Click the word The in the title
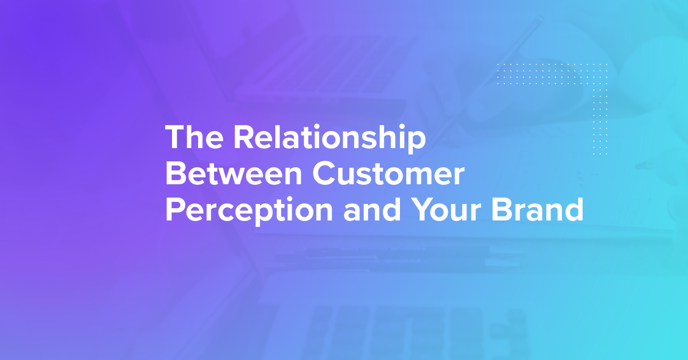point(194,137)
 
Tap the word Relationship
point(330,139)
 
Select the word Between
point(234,173)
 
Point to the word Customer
point(389,173)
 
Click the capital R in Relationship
point(244,137)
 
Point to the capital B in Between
point(176,173)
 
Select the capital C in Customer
point(324,173)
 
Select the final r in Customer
point(458,177)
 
